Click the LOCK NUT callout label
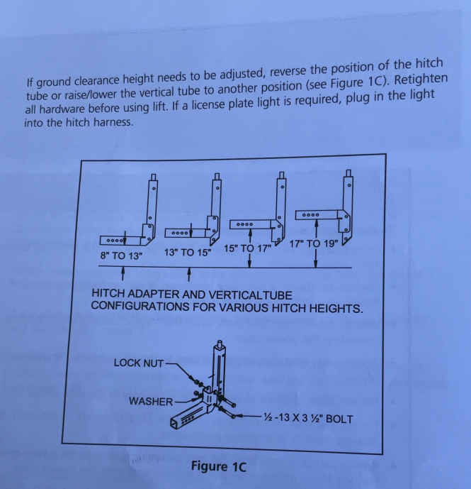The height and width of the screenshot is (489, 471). tap(139, 363)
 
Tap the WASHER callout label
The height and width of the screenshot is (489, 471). tap(151, 401)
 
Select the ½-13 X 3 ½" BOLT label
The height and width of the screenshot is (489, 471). tap(308, 418)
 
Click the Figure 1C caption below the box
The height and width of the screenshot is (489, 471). tap(219, 466)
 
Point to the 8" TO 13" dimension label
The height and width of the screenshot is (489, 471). tap(121, 256)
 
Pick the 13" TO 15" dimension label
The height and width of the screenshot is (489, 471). tap(188, 252)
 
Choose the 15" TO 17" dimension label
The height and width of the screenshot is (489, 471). tap(247, 248)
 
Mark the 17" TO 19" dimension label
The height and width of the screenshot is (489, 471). tap(314, 244)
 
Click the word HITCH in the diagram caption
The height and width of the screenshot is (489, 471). tap(108, 293)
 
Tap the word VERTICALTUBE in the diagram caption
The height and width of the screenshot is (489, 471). tap(249, 295)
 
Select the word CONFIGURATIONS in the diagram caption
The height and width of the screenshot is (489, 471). tap(140, 306)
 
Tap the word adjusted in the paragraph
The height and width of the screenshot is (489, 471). tap(242, 74)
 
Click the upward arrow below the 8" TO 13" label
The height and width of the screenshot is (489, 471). tap(123, 273)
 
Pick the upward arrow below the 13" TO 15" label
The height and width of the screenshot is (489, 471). tap(189, 275)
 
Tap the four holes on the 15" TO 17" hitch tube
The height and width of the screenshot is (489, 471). tap(244, 224)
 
